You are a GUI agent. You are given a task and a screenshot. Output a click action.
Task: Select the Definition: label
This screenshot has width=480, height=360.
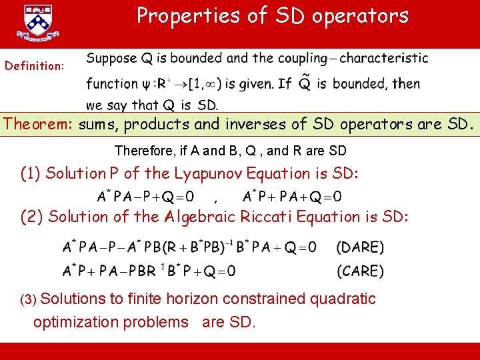(35, 66)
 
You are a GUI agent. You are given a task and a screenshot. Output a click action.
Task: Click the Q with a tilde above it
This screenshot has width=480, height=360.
(305, 83)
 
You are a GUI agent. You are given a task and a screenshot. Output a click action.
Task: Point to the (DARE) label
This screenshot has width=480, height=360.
(360, 247)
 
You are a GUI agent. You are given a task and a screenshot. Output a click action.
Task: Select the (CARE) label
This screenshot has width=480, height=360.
(360, 271)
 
